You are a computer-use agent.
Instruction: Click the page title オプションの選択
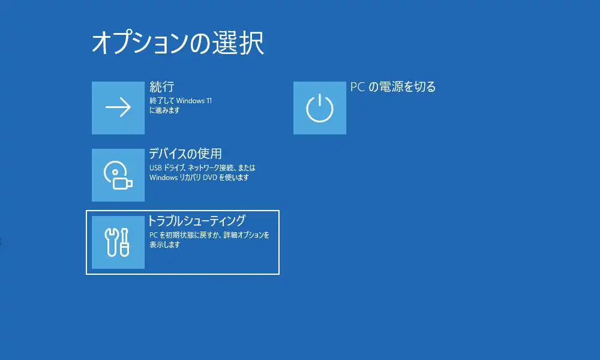(178, 43)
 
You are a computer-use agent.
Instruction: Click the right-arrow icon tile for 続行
(118, 108)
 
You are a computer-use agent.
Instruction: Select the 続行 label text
(162, 87)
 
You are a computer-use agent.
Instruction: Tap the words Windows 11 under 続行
(194, 101)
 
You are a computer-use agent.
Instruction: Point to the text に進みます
(164, 110)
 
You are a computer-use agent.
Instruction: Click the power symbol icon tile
(320, 108)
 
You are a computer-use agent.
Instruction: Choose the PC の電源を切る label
(393, 87)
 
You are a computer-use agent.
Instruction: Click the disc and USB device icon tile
(118, 175)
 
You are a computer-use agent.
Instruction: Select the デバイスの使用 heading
(185, 154)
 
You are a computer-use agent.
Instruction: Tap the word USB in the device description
(156, 168)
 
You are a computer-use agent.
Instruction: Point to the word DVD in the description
(210, 178)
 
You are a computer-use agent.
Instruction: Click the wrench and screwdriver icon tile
(118, 242)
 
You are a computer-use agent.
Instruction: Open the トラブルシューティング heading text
(197, 221)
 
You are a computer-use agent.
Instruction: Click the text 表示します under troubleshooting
(164, 244)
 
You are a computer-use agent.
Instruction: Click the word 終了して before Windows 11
(162, 101)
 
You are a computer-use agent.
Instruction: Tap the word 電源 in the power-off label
(391, 87)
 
